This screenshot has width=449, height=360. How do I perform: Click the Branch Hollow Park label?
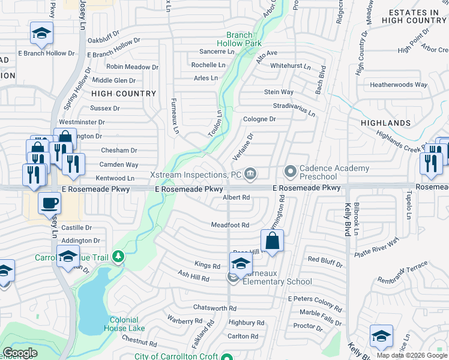coord(240,40)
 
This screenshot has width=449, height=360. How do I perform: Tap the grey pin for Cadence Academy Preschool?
coord(291,172)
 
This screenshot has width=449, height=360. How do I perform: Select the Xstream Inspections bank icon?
coord(251,175)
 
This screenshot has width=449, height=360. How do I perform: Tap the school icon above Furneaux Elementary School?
coord(241,263)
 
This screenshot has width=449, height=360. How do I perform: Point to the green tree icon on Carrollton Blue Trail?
coord(118,257)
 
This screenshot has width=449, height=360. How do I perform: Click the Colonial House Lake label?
coord(124,324)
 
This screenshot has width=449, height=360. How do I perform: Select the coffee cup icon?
coord(49,203)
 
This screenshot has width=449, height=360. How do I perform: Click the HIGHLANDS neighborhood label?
coord(385,123)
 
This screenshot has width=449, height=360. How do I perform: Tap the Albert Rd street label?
coord(236,197)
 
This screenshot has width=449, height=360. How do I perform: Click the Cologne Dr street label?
coord(259,119)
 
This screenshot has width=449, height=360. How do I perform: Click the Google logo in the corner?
coord(20,353)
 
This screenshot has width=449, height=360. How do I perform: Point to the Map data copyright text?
coord(412,355)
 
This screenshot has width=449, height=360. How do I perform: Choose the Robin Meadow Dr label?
coord(132,67)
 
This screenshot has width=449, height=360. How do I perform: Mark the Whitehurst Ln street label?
coord(291,66)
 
